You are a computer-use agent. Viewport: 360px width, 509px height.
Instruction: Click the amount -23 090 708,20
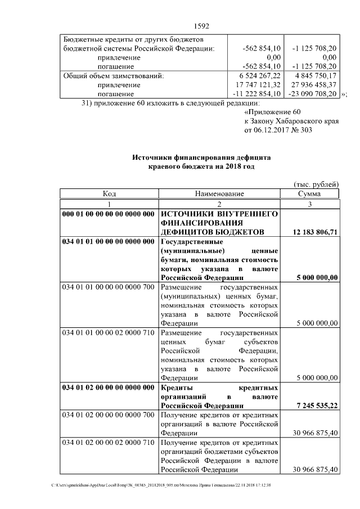312,93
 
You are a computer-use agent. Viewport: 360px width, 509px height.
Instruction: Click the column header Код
109,193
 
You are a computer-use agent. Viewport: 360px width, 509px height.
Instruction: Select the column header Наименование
219,193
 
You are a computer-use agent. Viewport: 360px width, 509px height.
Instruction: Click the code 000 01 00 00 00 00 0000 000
109,214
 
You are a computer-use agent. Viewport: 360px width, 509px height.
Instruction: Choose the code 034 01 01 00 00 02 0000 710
109,332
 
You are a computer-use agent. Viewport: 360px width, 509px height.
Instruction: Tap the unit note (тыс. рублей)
316,184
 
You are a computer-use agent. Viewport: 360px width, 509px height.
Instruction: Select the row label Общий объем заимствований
113,75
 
